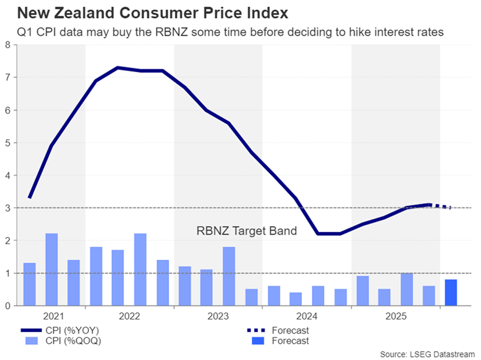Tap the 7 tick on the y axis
pyautogui.click(x=7, y=77)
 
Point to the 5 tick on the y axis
pyautogui.click(x=7, y=143)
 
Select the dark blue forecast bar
pyautogui.click(x=451, y=292)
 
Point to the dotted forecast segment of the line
pyautogui.click(x=441, y=206)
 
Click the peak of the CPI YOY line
pyautogui.click(x=117, y=68)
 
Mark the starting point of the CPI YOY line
pyautogui.click(x=29, y=197)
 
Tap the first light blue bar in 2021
pyautogui.click(x=29, y=284)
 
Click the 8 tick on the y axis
pyautogui.click(x=7, y=44)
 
